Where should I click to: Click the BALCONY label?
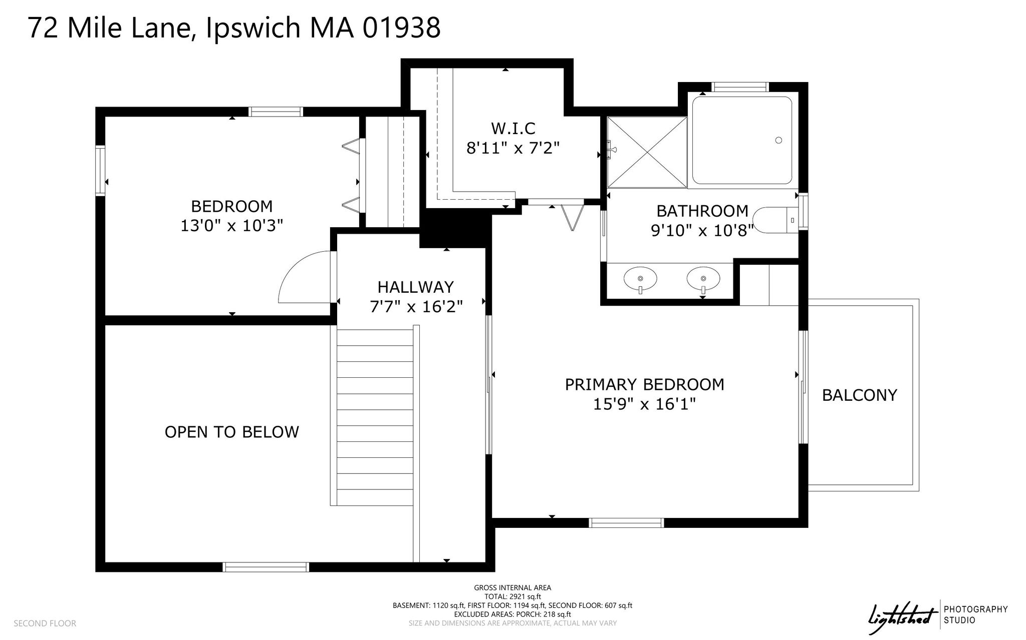coord(859,395)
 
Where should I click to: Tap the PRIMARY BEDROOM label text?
coord(644,384)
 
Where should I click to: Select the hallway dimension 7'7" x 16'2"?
coord(416,306)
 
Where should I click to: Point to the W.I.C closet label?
coord(513,129)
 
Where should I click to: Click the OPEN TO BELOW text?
coord(232,432)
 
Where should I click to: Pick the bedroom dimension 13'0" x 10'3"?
coord(232,226)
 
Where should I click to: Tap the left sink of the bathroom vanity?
coord(640,278)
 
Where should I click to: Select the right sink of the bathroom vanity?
coord(703,278)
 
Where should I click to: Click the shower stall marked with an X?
coord(647,152)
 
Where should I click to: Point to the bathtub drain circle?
coord(779,140)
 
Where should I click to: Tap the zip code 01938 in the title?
coord(401,28)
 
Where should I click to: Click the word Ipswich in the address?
coord(252,28)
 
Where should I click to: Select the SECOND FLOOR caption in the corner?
coord(45,623)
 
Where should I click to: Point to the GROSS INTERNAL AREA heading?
coord(512,588)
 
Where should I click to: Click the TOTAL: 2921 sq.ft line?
coord(512,596)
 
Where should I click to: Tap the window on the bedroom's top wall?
coord(276,112)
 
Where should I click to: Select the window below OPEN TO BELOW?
coord(266,567)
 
